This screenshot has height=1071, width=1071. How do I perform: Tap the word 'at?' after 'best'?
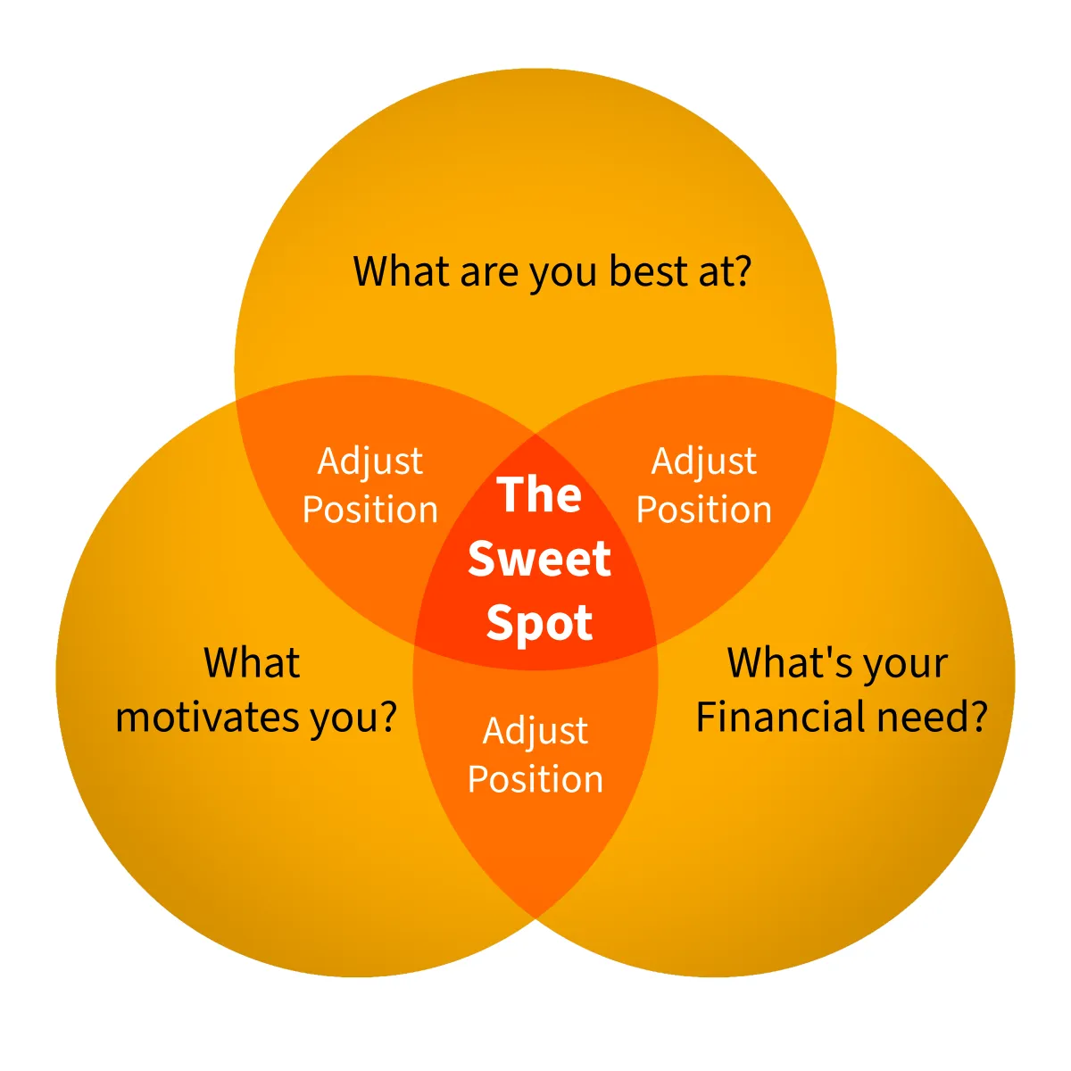(x=724, y=271)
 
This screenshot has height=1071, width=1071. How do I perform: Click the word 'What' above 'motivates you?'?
(x=252, y=663)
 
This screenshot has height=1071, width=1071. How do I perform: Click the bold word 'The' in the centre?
(x=539, y=494)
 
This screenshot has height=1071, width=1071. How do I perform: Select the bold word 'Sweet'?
(x=539, y=559)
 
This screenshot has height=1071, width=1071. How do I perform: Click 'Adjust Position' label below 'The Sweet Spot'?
(x=535, y=755)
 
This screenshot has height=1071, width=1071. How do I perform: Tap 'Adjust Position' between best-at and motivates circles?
(x=370, y=486)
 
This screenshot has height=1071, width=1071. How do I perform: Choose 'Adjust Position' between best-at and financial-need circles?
(x=704, y=486)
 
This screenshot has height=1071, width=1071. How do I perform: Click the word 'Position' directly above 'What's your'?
(x=704, y=510)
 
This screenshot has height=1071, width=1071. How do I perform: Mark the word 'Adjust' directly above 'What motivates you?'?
(x=370, y=462)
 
